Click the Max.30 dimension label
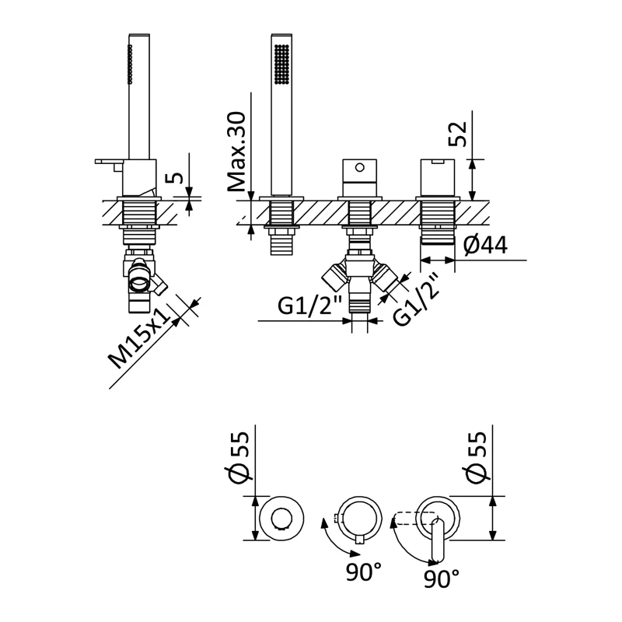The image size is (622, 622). pyautogui.click(x=237, y=152)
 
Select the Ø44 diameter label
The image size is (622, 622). pyautogui.click(x=485, y=246)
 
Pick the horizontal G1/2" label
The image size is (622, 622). pyautogui.click(x=309, y=307)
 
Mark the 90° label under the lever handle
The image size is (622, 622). pyautogui.click(x=442, y=578)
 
